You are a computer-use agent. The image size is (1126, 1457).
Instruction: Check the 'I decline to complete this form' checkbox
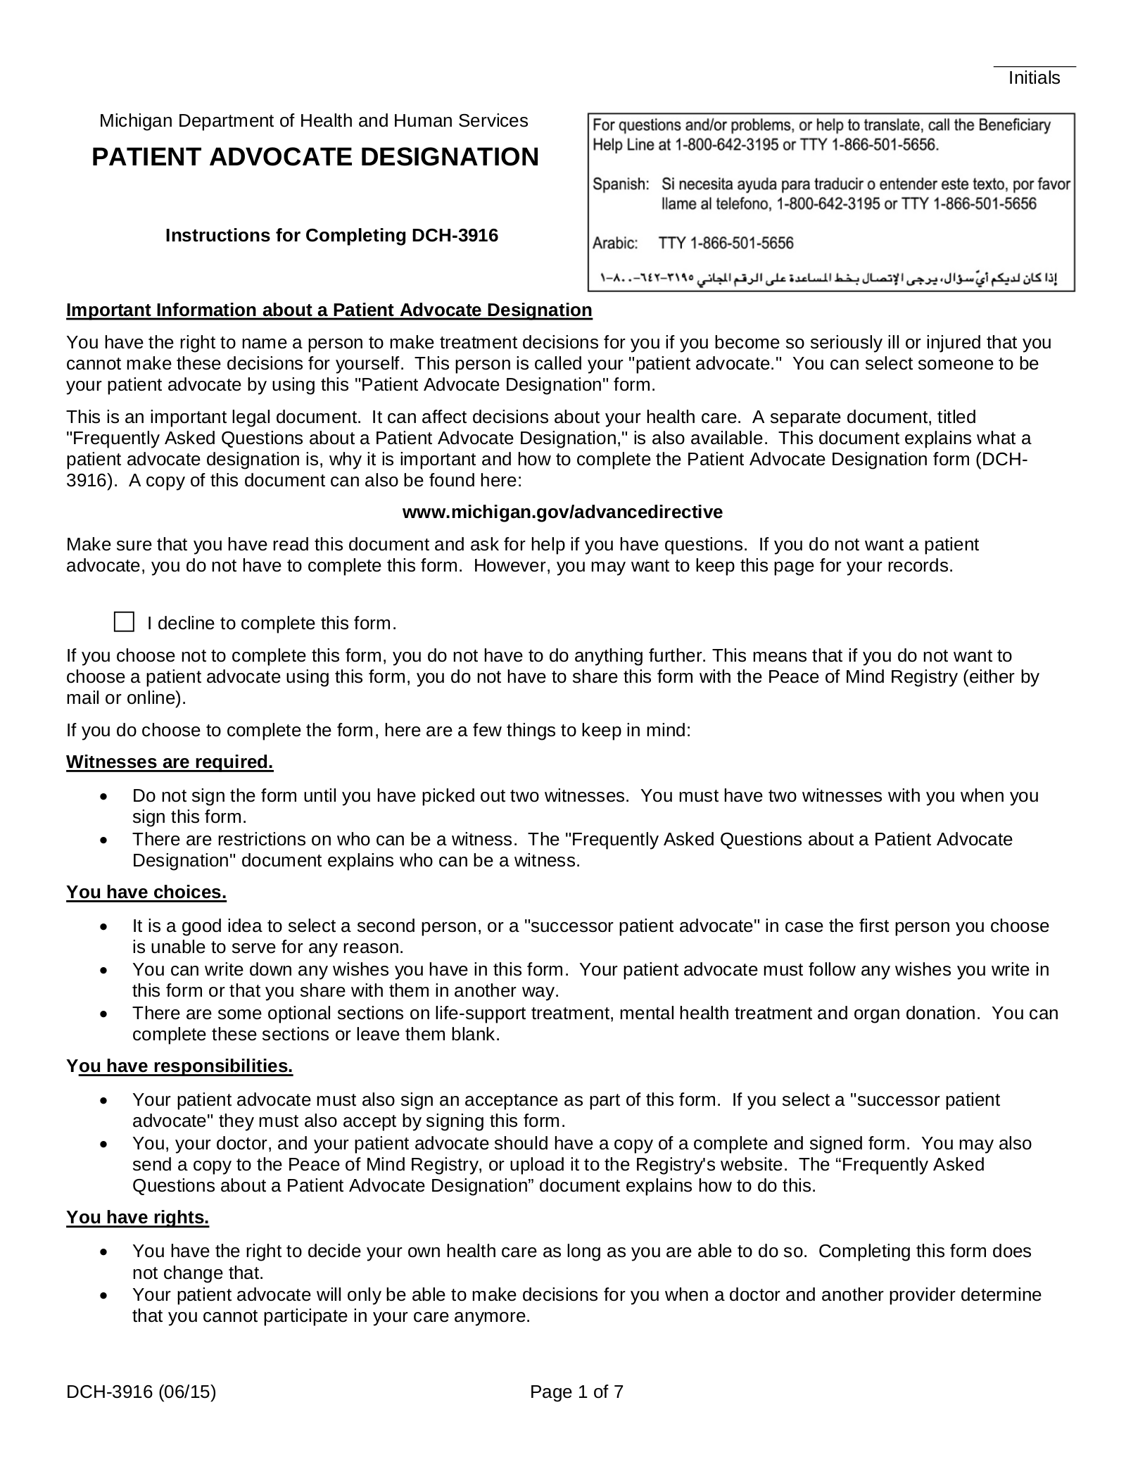click(124, 622)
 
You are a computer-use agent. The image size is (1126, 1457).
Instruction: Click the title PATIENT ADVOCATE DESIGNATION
click(315, 157)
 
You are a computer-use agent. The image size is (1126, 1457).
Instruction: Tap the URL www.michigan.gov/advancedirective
click(562, 512)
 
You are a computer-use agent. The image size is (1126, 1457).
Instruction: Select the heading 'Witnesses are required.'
click(170, 762)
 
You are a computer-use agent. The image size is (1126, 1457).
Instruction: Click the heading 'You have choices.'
click(146, 893)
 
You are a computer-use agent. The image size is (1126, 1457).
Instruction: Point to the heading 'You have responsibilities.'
click(179, 1066)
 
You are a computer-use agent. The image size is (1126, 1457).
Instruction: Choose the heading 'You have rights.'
click(138, 1218)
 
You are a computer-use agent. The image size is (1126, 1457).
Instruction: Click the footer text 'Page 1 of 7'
click(576, 1392)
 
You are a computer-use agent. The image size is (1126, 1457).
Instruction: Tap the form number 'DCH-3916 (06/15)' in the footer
click(141, 1392)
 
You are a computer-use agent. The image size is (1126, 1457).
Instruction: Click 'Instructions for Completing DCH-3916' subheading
click(331, 236)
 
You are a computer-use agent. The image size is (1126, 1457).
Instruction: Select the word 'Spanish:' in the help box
click(620, 184)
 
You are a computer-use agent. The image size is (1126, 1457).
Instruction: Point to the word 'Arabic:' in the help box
click(615, 244)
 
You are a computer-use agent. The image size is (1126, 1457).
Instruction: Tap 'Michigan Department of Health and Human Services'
click(313, 121)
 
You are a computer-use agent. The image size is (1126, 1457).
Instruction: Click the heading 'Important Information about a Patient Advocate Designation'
click(329, 310)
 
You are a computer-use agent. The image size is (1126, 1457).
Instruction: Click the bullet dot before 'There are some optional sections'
click(104, 1014)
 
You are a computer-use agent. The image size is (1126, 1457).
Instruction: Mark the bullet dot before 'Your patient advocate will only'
click(104, 1296)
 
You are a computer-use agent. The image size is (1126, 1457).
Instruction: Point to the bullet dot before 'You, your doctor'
click(104, 1144)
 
